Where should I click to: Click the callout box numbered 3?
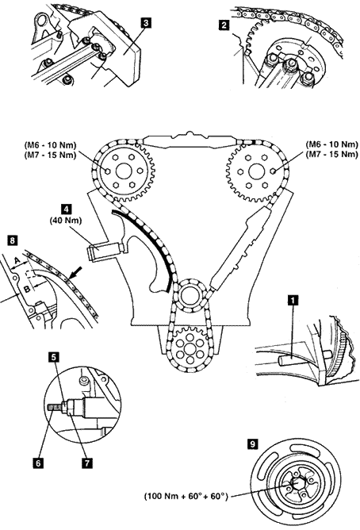coord(146,23)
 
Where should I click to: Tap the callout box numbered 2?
coord(224,25)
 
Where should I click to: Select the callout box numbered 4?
coord(66,209)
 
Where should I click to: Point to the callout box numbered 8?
coord(12,240)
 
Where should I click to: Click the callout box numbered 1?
coord(293,299)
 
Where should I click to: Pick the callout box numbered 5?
coord(53,357)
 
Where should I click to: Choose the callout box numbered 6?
coord(38,463)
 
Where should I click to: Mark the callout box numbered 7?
coord(86,463)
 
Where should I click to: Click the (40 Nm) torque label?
coord(66,221)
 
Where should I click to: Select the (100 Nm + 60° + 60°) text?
coord(186,496)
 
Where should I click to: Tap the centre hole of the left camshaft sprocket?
coord(123,171)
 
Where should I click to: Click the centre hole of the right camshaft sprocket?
coord(256,171)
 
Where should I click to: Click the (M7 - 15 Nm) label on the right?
coord(332,155)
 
